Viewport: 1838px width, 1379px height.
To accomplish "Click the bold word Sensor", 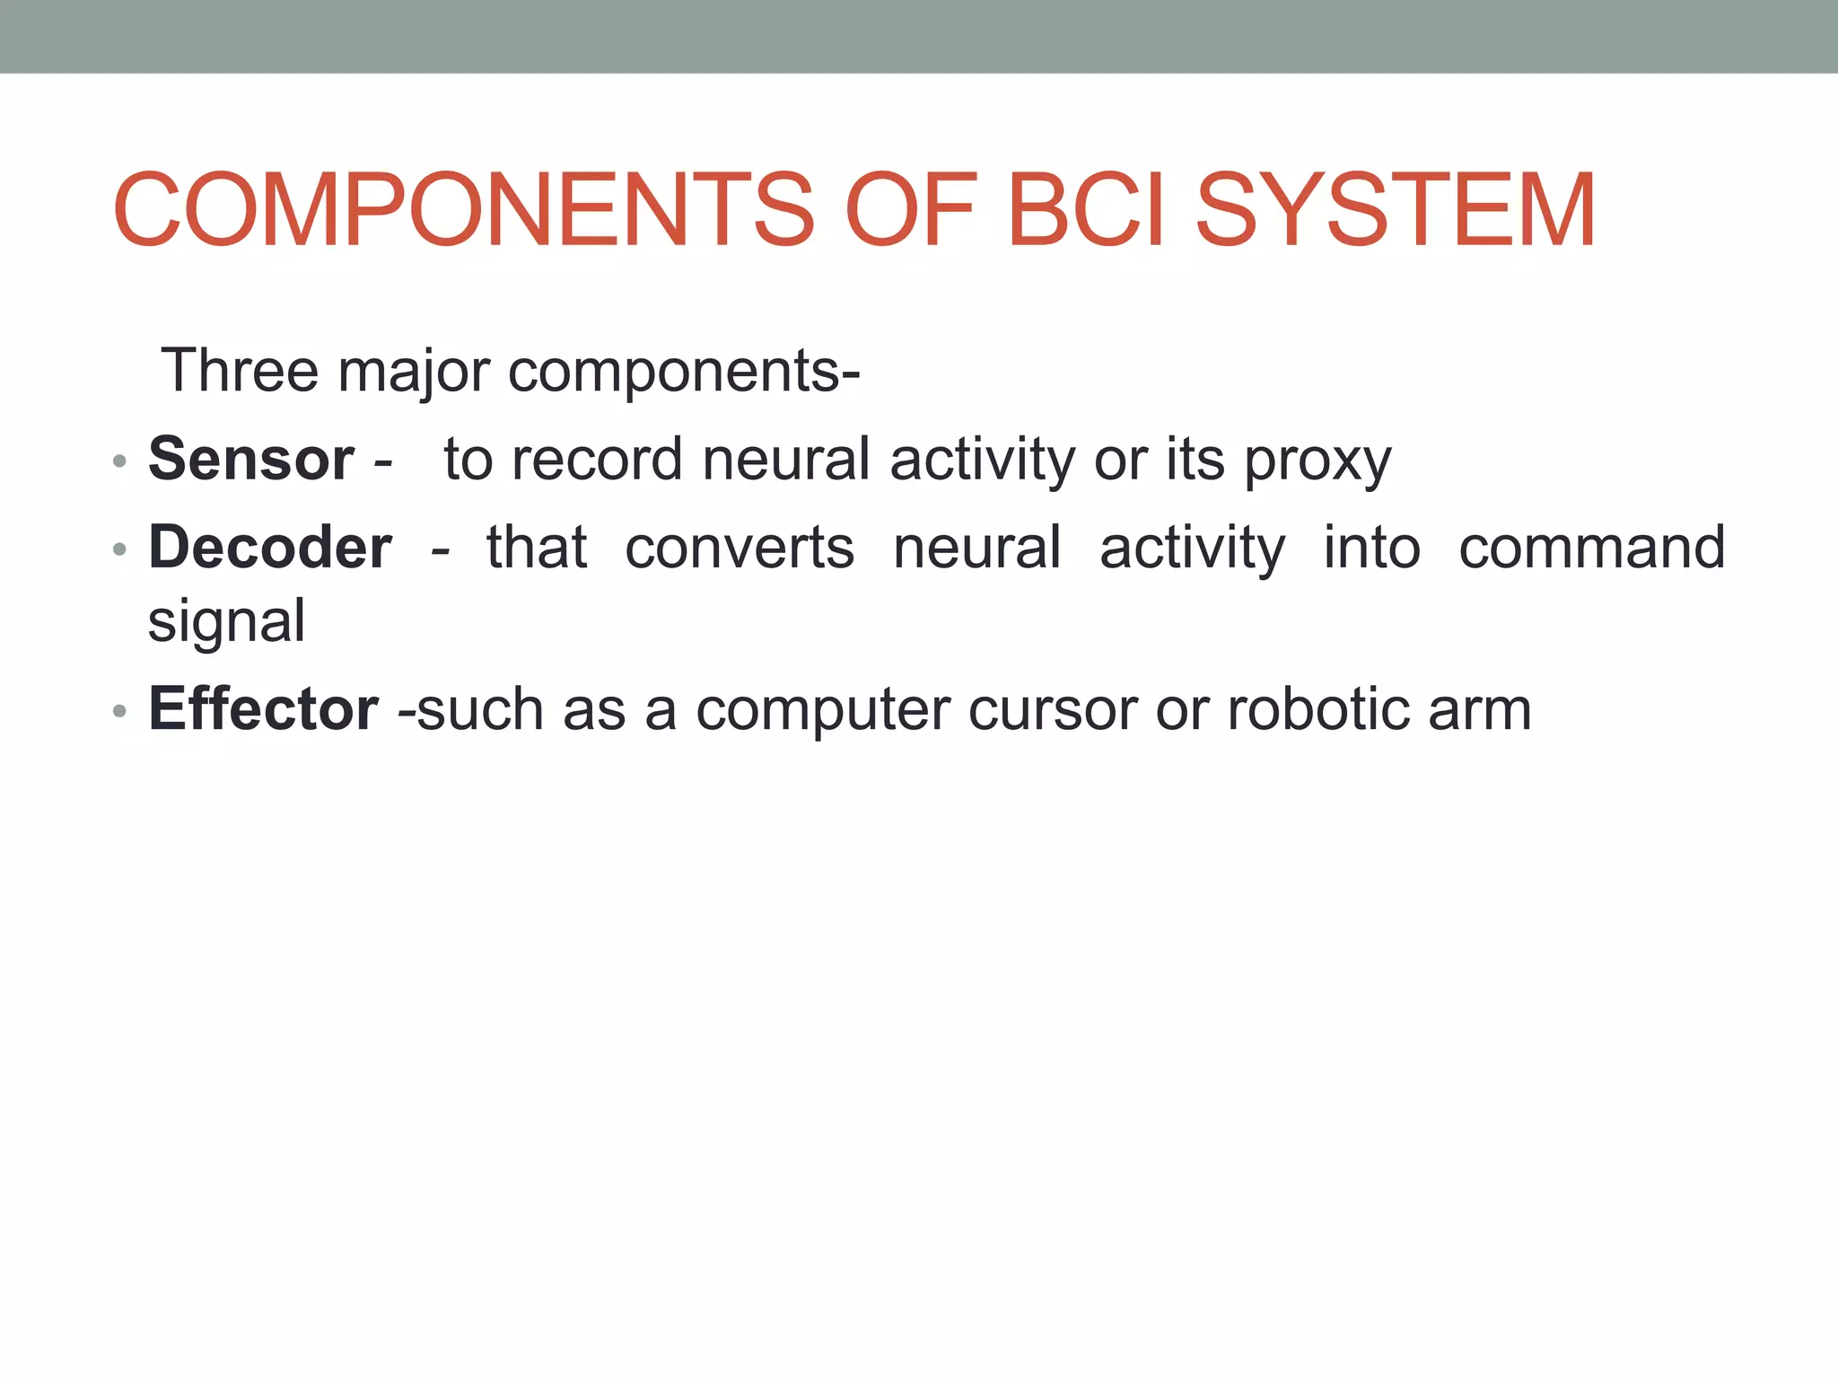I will pos(251,459).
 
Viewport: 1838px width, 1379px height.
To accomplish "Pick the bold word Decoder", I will pos(270,547).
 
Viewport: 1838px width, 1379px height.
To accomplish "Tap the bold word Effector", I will pos(264,708).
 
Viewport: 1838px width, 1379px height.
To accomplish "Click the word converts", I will pos(740,547).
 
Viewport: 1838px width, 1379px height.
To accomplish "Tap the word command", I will pos(1591,547).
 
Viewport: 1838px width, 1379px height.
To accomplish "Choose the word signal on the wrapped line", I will pos(226,622).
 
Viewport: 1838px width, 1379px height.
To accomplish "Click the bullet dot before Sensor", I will pos(119,462).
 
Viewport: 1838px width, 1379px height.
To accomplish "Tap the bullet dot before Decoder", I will pos(119,550).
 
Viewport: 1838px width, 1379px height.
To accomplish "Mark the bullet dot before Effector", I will pos(119,712).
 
